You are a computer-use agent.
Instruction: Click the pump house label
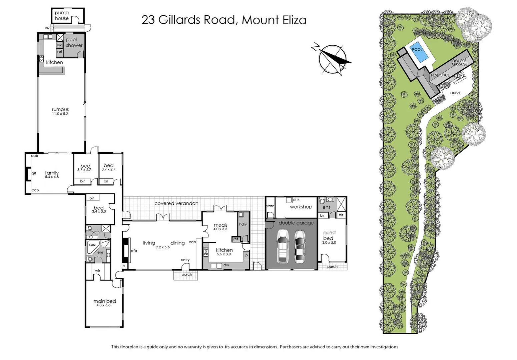click(x=62, y=16)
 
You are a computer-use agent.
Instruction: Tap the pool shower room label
click(x=74, y=42)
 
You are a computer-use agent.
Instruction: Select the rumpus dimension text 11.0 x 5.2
click(x=60, y=114)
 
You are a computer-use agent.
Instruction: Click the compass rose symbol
click(x=332, y=59)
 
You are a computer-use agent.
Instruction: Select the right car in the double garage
click(x=300, y=247)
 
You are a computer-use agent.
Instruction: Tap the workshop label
click(x=301, y=207)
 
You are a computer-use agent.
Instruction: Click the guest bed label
click(x=329, y=235)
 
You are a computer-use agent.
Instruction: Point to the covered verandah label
click(x=176, y=203)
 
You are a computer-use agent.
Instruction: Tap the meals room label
click(x=220, y=225)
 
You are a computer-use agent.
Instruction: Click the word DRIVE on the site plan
click(x=455, y=93)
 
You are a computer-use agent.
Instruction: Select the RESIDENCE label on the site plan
click(x=440, y=75)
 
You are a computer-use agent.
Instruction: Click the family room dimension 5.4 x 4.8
click(x=52, y=177)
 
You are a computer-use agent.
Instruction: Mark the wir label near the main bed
click(x=97, y=271)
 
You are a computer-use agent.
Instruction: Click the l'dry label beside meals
click(x=243, y=224)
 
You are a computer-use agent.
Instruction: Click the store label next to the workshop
click(x=270, y=206)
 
